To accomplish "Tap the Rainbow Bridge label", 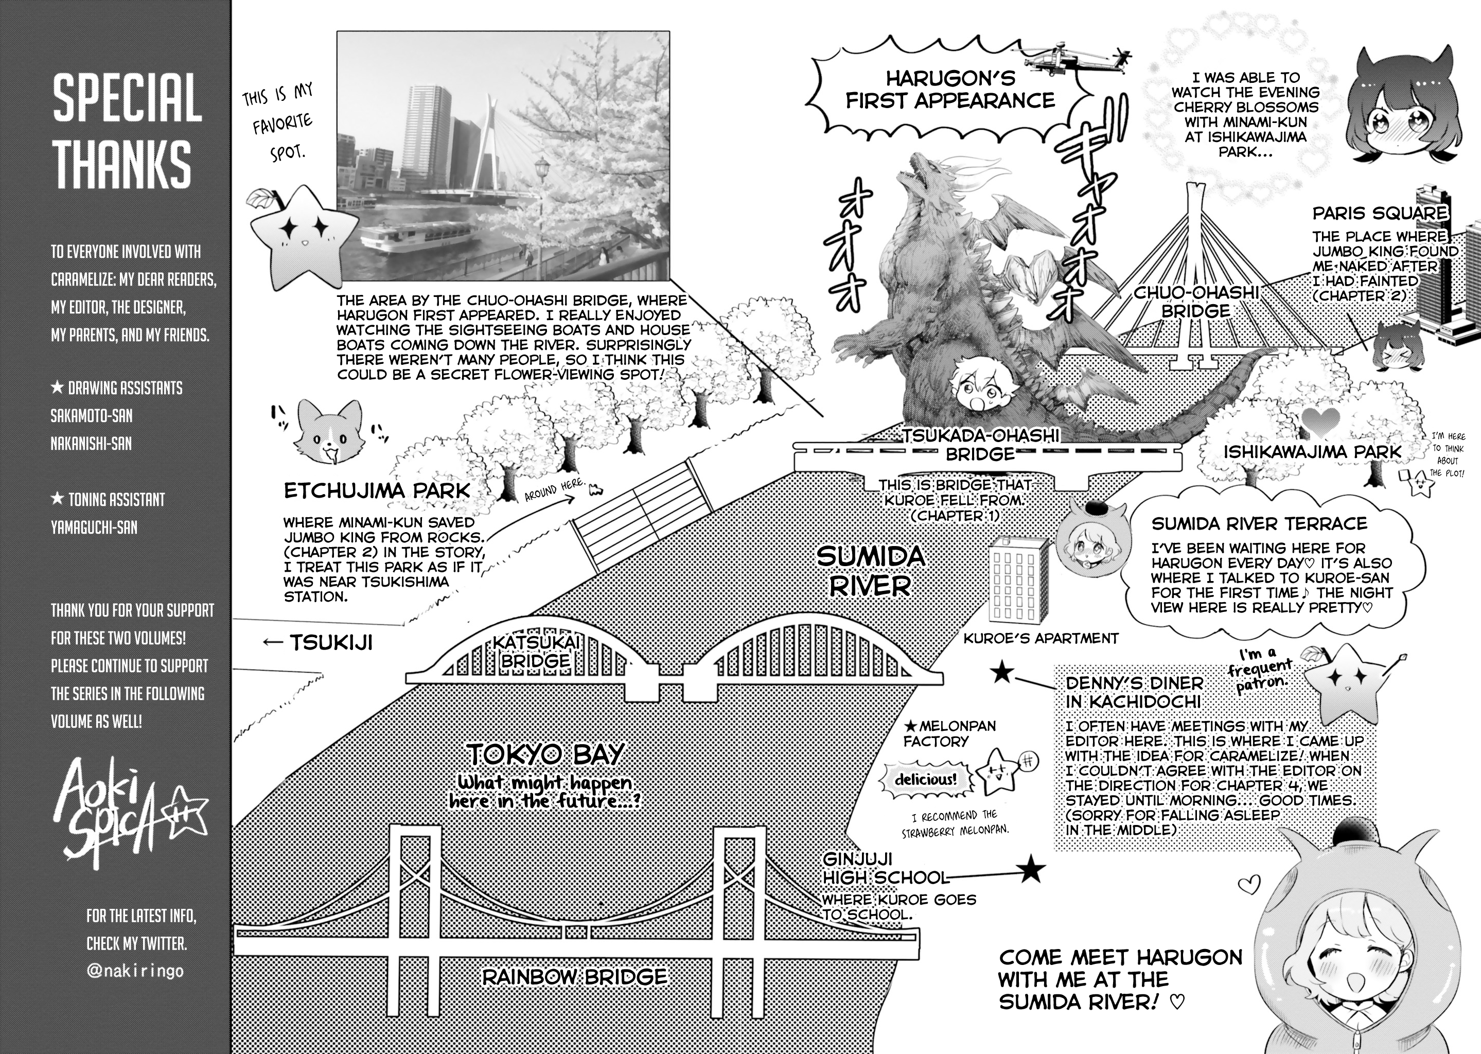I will click(575, 977).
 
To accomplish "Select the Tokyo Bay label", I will click(545, 754).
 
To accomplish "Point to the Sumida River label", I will click(870, 571).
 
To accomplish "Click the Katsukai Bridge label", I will click(536, 651).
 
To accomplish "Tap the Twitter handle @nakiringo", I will click(135, 971).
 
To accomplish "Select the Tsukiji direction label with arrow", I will click(318, 642).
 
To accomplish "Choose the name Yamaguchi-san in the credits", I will click(94, 527).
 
